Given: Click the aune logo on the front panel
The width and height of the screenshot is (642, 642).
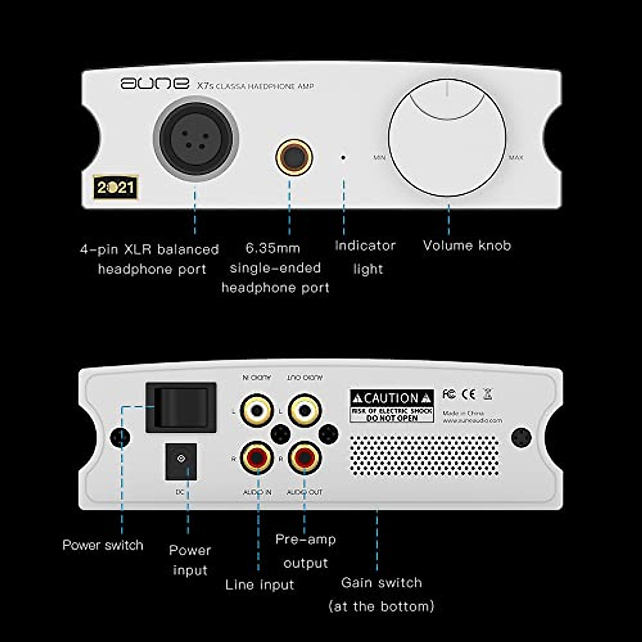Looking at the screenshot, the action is pyautogui.click(x=154, y=83).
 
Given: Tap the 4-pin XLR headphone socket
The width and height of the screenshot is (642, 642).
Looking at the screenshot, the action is pyautogui.click(x=196, y=139).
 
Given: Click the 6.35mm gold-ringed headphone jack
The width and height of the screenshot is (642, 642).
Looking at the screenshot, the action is pyautogui.click(x=294, y=157).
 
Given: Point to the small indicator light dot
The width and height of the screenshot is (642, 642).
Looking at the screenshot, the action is pyautogui.click(x=343, y=157).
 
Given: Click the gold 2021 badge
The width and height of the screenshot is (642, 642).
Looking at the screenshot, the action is pyautogui.click(x=116, y=187).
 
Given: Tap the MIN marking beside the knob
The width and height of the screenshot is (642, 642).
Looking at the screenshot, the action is pyautogui.click(x=379, y=158).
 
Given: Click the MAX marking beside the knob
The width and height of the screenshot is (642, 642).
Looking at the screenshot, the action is pyautogui.click(x=516, y=158).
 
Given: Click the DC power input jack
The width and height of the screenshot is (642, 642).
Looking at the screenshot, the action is pyautogui.click(x=181, y=461).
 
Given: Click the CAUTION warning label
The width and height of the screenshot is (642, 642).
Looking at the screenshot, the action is pyautogui.click(x=392, y=406).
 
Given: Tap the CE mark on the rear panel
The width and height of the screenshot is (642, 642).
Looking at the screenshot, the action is pyautogui.click(x=469, y=394).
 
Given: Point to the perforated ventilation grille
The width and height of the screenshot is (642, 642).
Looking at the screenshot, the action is pyautogui.click(x=424, y=455).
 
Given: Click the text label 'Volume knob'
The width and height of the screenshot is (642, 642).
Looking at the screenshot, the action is pyautogui.click(x=467, y=246).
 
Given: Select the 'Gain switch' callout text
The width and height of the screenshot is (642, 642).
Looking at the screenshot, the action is pyautogui.click(x=381, y=583).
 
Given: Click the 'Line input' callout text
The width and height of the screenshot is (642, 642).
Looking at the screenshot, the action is pyautogui.click(x=259, y=585).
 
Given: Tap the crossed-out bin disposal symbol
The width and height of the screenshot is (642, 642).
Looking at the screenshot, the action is pyautogui.click(x=487, y=394).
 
